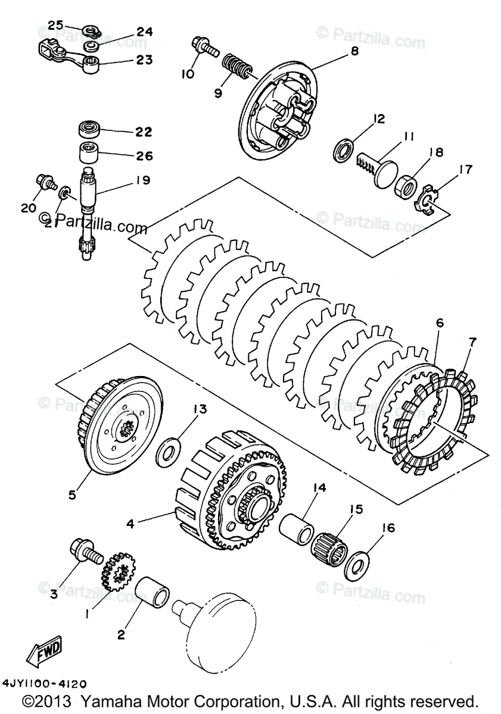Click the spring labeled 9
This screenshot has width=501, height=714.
click(x=235, y=67)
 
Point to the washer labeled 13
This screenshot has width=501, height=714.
click(x=170, y=452)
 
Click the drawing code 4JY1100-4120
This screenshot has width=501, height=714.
click(x=44, y=684)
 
